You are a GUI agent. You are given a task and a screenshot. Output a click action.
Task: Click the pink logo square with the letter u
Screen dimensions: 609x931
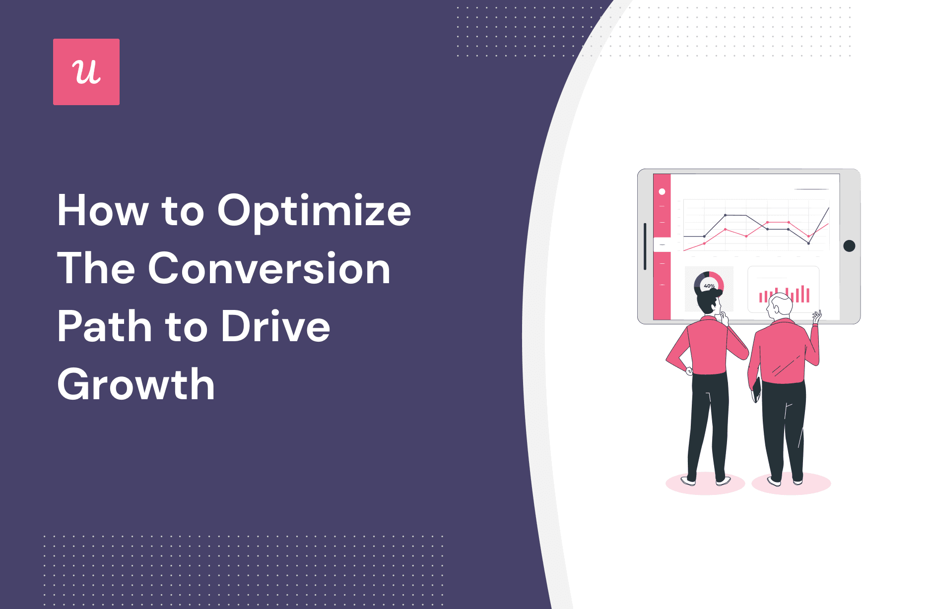tap(86, 72)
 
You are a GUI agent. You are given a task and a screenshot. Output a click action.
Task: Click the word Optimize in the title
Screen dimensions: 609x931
tap(314, 211)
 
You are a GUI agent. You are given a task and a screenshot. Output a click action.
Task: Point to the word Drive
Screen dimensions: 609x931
tap(275, 326)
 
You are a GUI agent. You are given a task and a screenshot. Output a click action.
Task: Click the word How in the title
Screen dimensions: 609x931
tap(103, 211)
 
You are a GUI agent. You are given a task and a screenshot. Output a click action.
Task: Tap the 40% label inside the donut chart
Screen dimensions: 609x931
tap(709, 286)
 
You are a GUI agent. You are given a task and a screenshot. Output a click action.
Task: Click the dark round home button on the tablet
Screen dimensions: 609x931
tap(849, 246)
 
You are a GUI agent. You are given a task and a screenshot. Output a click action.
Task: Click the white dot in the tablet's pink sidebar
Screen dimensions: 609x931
tap(662, 191)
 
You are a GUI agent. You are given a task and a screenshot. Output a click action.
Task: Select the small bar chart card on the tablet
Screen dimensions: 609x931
tap(784, 289)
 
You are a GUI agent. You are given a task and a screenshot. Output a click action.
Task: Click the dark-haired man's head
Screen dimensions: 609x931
tap(709, 301)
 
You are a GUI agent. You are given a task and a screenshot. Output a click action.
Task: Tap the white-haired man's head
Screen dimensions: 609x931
tap(780, 305)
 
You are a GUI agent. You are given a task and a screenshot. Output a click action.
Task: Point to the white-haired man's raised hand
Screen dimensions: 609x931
tap(816, 316)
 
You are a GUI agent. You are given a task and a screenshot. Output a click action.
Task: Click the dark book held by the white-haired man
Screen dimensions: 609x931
tap(756, 389)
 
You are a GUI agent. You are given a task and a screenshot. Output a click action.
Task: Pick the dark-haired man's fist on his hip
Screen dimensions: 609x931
tap(689, 370)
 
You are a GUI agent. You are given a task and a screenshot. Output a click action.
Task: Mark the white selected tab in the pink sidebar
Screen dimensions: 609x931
tap(662, 244)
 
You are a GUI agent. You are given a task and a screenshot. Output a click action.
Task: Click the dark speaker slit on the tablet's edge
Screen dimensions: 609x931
tap(645, 246)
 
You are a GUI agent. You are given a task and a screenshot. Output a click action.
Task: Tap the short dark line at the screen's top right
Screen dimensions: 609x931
tap(811, 189)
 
